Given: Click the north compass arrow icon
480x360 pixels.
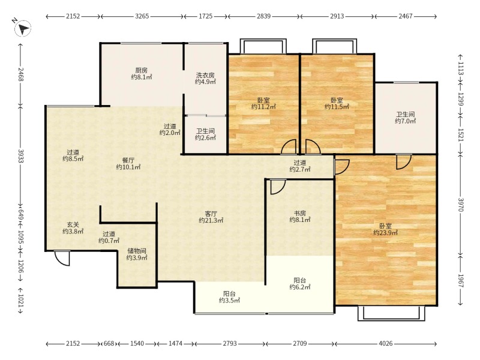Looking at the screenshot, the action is point(23,28).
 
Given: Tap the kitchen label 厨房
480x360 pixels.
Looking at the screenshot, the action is point(142,70).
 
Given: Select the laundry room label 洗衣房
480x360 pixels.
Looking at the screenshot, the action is point(205,75).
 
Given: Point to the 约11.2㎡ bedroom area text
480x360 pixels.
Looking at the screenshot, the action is point(263,107).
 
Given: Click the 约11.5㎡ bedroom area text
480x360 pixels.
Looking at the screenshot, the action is point(337,107).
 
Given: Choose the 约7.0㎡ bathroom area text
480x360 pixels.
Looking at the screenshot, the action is point(406,121).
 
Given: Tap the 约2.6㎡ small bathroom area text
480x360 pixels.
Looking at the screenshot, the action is point(205,138).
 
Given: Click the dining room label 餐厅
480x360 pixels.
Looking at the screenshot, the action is point(128,160).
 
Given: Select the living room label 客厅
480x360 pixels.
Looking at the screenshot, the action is point(211,214).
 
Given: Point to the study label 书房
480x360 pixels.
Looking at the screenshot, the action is point(300,213).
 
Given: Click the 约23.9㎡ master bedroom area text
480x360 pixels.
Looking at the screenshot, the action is point(385,233).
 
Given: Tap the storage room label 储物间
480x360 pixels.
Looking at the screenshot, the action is point(137,251).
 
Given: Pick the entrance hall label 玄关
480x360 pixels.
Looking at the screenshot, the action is point(73,224).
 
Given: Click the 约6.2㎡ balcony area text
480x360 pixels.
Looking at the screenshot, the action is point(300,287).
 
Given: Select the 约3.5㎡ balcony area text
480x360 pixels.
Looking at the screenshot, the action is point(229,301).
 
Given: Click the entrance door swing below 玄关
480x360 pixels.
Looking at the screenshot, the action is point(62,259).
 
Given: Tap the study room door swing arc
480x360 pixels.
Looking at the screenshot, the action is point(278,187).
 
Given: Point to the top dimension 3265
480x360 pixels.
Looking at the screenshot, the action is point(142,16).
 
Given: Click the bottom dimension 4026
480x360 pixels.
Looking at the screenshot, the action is point(385,343).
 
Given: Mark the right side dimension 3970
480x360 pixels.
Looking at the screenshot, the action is point(461,205).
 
